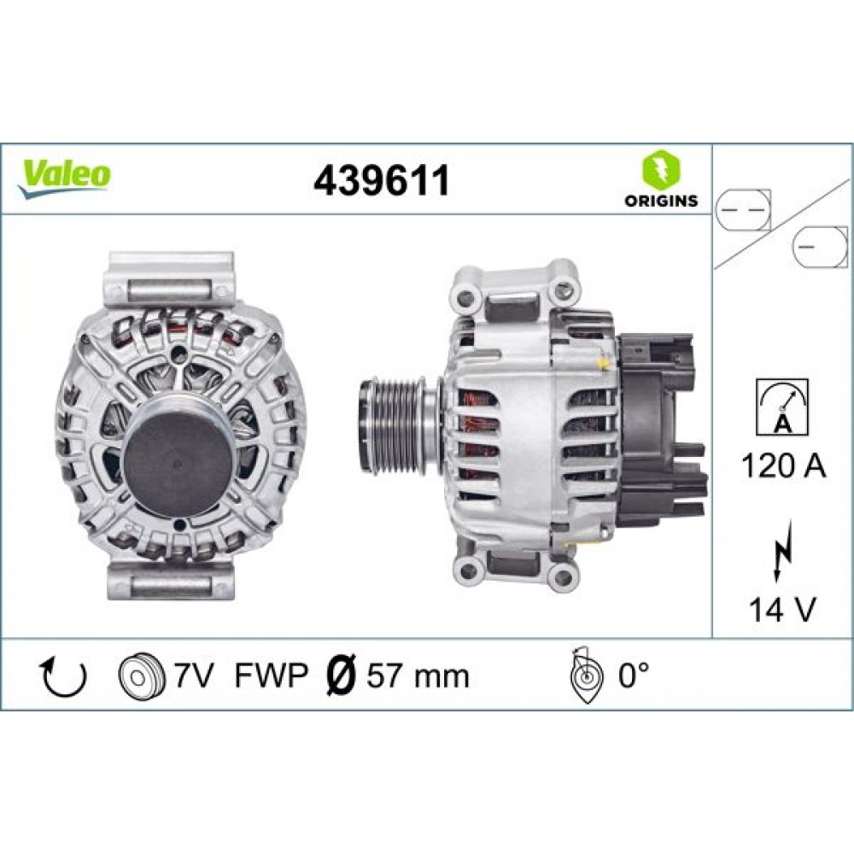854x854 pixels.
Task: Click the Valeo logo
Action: [x=64, y=178]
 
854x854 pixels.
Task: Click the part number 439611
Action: [x=381, y=180]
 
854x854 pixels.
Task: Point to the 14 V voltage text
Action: [x=782, y=609]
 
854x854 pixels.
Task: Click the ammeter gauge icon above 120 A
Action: [x=782, y=407]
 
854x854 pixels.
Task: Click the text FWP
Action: [x=272, y=676]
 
